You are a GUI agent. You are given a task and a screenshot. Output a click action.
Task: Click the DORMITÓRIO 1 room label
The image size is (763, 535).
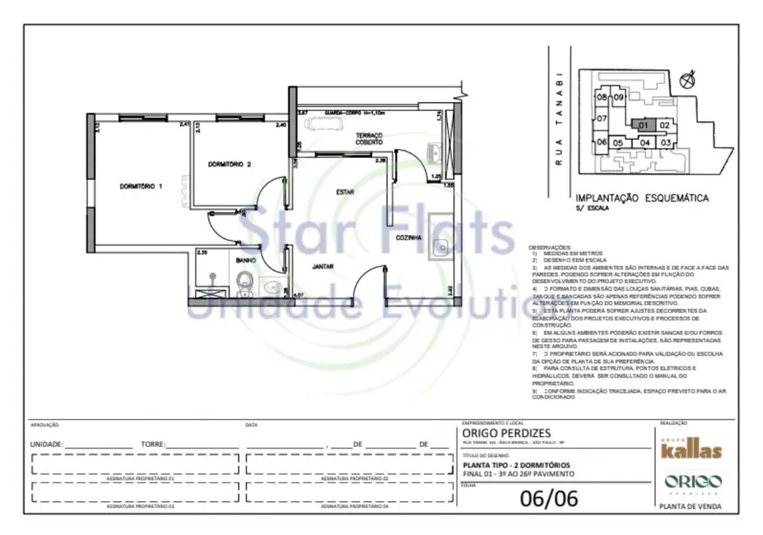[137, 187]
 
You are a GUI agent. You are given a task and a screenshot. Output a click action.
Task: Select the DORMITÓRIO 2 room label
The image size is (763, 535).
[229, 164]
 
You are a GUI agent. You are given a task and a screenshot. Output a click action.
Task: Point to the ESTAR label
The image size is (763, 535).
[344, 193]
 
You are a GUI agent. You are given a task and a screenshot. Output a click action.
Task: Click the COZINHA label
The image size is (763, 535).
[408, 237]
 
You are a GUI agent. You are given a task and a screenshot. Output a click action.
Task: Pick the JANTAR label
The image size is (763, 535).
[323, 267]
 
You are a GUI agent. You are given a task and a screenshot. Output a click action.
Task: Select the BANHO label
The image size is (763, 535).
[246, 261]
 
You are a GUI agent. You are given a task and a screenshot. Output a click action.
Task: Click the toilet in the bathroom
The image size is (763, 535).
[243, 286]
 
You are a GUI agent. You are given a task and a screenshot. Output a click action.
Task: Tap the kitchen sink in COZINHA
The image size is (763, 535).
[440, 245]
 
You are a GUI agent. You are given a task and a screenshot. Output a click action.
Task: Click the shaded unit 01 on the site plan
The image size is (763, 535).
[645, 125]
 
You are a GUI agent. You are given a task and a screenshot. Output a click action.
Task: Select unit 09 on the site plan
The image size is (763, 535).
[618, 97]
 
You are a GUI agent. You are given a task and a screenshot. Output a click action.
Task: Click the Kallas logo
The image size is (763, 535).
[691, 450]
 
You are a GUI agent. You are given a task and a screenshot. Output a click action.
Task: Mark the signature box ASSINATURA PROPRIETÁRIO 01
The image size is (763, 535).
[134, 469]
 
